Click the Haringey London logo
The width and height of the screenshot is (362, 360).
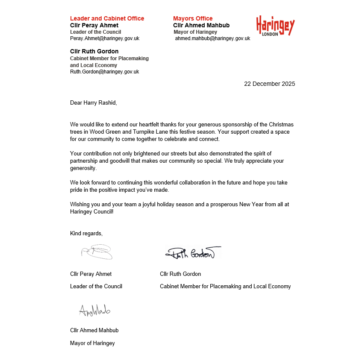275,26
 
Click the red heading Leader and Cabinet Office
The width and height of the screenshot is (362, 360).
107,18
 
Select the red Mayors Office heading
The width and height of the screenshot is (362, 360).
193,18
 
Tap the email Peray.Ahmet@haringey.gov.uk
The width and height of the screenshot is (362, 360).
105,38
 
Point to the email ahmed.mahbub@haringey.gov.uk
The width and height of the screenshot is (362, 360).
212,38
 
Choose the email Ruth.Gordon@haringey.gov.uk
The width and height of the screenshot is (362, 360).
104,72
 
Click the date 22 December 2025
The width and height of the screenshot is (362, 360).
269,84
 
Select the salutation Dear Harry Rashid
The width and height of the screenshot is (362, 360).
93,102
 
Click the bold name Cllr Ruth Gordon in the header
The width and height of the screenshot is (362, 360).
94,52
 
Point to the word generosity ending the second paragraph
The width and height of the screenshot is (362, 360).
83,168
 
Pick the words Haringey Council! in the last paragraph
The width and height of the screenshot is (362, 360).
91,211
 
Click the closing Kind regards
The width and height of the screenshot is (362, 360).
86,233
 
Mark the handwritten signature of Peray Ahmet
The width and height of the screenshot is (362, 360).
97,252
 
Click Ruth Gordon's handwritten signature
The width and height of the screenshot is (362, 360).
192,253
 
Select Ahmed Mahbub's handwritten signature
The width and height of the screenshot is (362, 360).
94,310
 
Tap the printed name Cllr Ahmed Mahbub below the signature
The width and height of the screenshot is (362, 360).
94,330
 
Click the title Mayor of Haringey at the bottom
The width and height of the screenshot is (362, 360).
92,343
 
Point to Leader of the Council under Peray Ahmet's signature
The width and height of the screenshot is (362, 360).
96,286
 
